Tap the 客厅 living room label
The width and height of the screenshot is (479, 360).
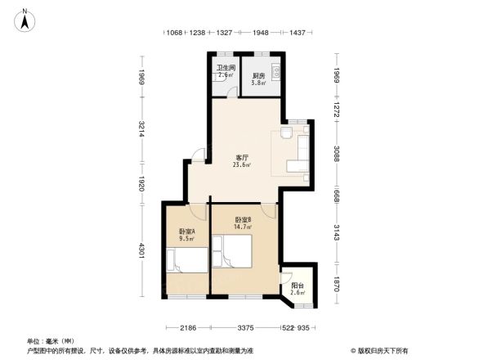243,157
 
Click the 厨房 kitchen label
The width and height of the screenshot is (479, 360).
257,76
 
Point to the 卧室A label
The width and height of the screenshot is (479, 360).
187,232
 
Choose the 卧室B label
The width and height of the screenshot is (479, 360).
243,220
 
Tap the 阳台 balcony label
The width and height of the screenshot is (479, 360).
298,286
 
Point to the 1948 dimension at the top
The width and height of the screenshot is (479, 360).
261,34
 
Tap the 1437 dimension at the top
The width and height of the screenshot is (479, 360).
298,34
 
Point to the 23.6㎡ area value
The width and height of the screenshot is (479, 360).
243,164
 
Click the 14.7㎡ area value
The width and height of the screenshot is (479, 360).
243,227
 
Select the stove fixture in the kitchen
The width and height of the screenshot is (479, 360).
276,70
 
